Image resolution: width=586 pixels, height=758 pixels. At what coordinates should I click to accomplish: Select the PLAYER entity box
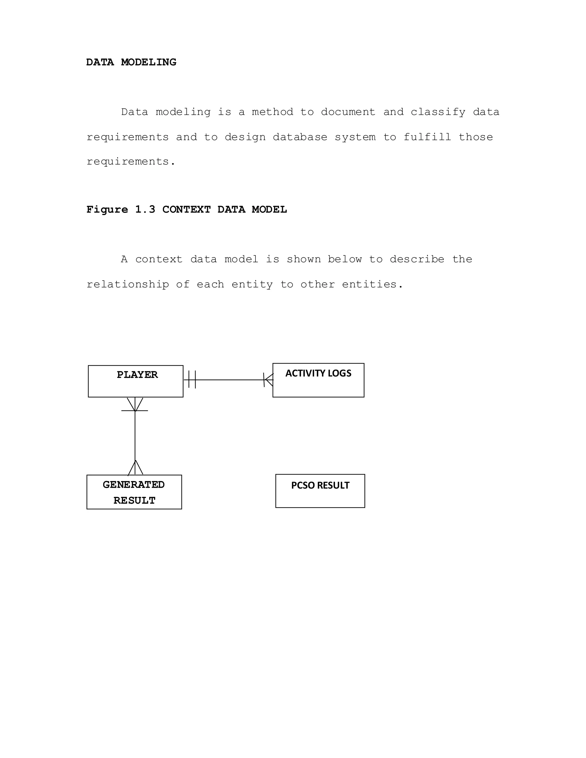pos(135,381)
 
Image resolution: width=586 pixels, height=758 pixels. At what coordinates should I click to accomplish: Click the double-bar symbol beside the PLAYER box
pos(192,379)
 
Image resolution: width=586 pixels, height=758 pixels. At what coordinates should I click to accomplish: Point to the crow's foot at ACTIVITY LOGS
pos(268,380)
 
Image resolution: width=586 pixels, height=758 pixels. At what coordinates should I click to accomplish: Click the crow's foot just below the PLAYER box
pos(135,405)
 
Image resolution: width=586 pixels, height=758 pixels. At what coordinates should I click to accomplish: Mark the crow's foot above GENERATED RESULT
pos(135,468)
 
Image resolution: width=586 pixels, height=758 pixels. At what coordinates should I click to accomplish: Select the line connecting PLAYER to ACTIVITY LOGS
pos(229,380)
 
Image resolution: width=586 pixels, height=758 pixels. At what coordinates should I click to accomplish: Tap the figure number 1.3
pos(145,210)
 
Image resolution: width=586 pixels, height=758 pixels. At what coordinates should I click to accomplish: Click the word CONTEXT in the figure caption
pos(186,210)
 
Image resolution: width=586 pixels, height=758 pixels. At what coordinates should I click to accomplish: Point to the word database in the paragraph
pos(300,137)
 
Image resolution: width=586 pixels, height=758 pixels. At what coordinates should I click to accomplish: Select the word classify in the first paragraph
pos(438,112)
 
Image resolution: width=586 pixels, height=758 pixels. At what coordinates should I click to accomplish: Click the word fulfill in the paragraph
pos(427,137)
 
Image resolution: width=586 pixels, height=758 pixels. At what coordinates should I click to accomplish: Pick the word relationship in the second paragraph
pos(127,285)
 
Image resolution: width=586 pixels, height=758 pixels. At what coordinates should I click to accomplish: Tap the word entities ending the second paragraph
pos(372,285)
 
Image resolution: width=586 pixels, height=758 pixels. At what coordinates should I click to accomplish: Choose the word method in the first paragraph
pos(272,112)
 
